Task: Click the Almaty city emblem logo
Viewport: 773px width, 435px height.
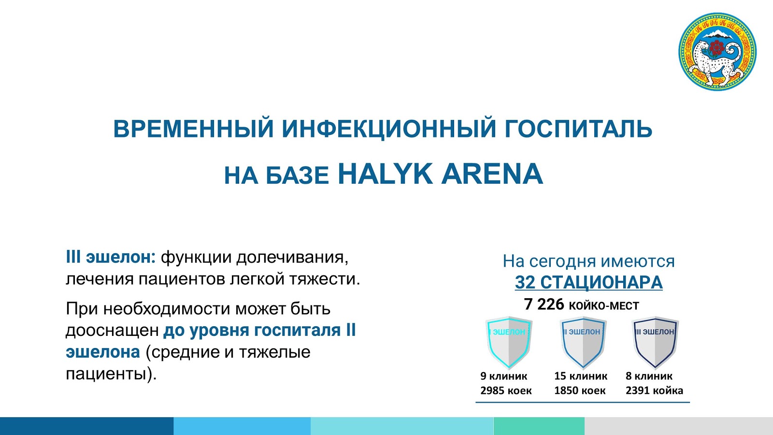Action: [x=717, y=52]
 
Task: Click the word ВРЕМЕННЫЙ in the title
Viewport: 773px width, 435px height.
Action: [x=194, y=129]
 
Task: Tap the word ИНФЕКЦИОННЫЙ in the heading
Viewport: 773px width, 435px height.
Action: [x=389, y=129]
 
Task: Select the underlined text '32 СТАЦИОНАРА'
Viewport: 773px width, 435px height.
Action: [x=589, y=282]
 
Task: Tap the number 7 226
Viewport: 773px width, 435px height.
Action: [x=544, y=304]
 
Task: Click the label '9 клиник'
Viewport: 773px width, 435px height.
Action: [x=504, y=376]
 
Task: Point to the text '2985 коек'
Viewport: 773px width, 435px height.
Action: [x=506, y=391]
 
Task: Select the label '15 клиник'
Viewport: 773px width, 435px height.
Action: [x=581, y=376]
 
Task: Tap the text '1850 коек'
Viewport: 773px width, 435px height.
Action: [x=580, y=391]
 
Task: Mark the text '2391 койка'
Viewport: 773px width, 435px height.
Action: [x=654, y=391]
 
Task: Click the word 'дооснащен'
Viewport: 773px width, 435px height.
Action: [x=112, y=331]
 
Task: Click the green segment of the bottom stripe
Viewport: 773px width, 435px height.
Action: [x=539, y=426]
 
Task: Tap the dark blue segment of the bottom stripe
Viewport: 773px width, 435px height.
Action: [x=86, y=426]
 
